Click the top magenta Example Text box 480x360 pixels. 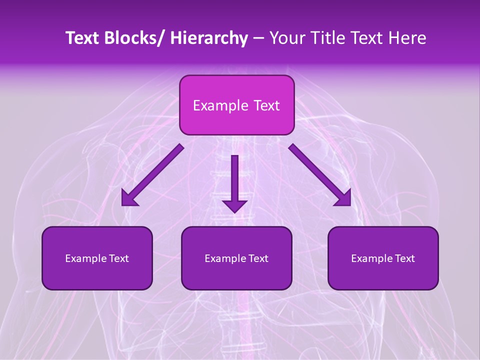pyautogui.click(x=236, y=105)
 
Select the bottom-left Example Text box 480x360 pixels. pyautogui.click(x=97, y=258)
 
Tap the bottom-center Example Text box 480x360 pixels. pyautogui.click(x=236, y=258)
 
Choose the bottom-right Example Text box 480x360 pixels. pyautogui.click(x=383, y=258)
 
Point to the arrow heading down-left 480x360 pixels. pyautogui.click(x=152, y=175)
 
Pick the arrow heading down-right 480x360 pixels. pyautogui.click(x=320, y=175)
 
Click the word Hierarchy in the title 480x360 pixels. pyautogui.click(x=208, y=38)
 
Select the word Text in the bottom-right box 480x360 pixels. pyautogui.click(x=404, y=258)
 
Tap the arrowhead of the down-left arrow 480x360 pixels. pyautogui.click(x=129, y=199)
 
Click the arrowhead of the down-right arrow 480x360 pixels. pyautogui.click(x=343, y=199)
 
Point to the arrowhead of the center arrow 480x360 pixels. pyautogui.click(x=234, y=205)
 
